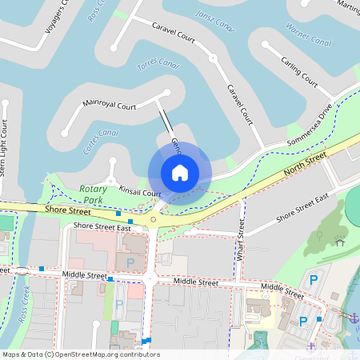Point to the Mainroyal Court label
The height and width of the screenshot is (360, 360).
click(110, 105)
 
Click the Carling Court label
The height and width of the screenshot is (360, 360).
click(301, 70)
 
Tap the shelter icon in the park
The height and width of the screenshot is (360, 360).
click(340, 241)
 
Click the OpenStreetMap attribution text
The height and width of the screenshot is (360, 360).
click(80, 354)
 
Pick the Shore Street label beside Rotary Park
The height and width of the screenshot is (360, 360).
click(67, 210)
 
